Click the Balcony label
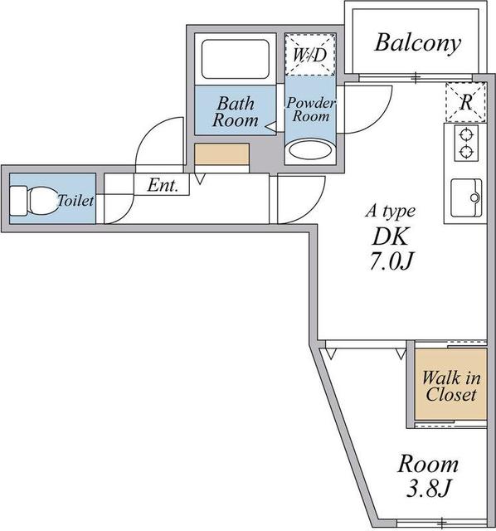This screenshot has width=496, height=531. [x=417, y=43]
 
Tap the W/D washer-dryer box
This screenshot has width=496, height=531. [x=309, y=54]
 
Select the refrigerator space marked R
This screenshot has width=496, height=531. [x=466, y=101]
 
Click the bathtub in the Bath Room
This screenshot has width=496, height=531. [x=236, y=59]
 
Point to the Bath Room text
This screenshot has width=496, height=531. [x=236, y=112]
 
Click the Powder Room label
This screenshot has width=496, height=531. [x=311, y=110]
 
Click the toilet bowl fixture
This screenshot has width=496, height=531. [x=34, y=201]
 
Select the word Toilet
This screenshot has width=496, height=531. [x=75, y=201]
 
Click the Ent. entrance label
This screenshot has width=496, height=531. [x=163, y=185]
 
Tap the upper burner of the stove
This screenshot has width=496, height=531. [x=466, y=135]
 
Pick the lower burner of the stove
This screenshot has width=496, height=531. [x=466, y=151]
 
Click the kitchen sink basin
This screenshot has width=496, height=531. [x=466, y=197]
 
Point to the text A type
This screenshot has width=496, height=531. [x=391, y=211]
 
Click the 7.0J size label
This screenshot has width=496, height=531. [x=391, y=261]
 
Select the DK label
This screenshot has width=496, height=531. [x=390, y=236]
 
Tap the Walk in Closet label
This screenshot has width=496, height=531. [x=451, y=386]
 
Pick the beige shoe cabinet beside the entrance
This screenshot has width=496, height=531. [x=221, y=154]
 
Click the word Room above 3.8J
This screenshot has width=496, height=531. [x=428, y=464]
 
